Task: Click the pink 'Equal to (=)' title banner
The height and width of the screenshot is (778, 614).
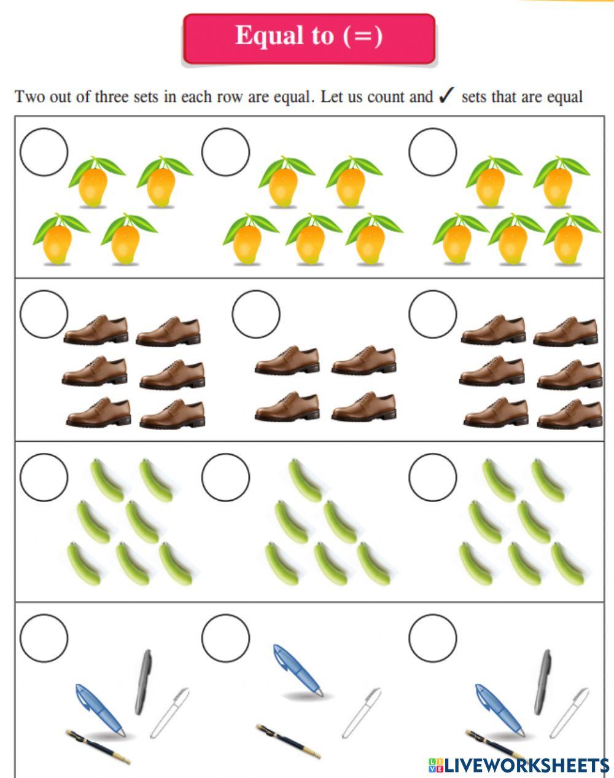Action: click(309, 38)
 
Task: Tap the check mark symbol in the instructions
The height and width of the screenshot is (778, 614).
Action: click(446, 96)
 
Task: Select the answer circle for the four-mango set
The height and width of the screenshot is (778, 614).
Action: click(44, 152)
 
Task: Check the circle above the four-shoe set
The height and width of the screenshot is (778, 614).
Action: click(256, 314)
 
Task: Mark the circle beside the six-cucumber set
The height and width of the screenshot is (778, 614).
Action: click(225, 477)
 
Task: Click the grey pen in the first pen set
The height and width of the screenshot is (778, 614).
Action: click(143, 681)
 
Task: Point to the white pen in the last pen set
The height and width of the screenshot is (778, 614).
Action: click(569, 713)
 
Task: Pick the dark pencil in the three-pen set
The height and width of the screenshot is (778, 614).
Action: click(288, 741)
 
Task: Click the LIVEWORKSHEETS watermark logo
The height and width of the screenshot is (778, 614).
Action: click(518, 765)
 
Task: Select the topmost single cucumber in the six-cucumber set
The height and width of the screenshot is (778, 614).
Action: click(305, 480)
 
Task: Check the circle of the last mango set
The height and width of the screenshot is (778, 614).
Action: click(433, 152)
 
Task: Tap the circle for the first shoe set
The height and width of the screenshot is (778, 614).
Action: click(44, 314)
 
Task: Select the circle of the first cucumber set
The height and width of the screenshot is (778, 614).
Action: click(44, 477)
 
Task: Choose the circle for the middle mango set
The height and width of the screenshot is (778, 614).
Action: click(225, 152)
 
